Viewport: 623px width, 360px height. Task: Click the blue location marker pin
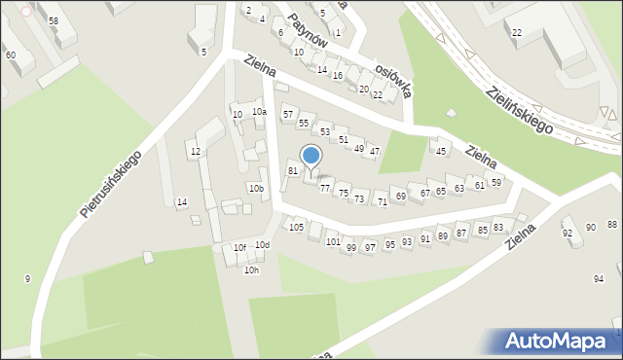[311, 156]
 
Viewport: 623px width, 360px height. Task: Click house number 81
[292, 170]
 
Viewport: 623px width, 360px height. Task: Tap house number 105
[296, 227]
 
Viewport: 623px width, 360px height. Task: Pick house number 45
[441, 151]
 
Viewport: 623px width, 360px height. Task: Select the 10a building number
[259, 112]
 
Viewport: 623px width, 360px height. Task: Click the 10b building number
[255, 188]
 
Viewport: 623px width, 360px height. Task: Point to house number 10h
[251, 270]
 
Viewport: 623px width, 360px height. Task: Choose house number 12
[195, 151]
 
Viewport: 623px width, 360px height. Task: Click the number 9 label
[27, 279]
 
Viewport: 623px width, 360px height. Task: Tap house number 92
[568, 234]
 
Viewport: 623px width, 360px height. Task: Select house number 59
[495, 182]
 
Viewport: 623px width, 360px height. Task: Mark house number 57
[287, 115]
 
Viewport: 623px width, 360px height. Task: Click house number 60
[10, 54]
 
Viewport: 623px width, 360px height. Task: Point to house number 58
[53, 20]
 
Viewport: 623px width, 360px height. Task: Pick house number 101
[333, 241]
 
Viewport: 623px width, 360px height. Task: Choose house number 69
[400, 197]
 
